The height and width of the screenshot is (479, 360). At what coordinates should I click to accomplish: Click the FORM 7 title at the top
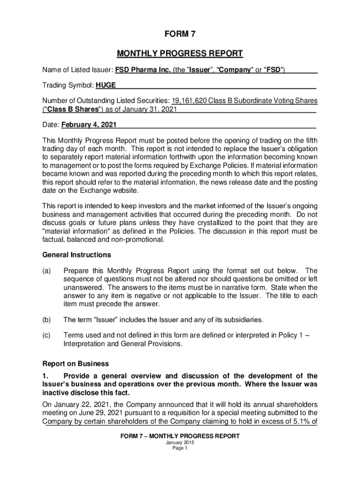pyautogui.click(x=180, y=34)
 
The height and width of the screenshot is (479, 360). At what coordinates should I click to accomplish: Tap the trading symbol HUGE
pyautogui.click(x=106, y=85)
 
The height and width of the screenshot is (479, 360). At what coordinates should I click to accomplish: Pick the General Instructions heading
pyautogui.click(x=77, y=255)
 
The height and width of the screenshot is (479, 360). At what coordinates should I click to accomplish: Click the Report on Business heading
pyautogui.click(x=76, y=363)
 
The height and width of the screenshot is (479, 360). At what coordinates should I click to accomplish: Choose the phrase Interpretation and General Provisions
pyautogui.click(x=122, y=344)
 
